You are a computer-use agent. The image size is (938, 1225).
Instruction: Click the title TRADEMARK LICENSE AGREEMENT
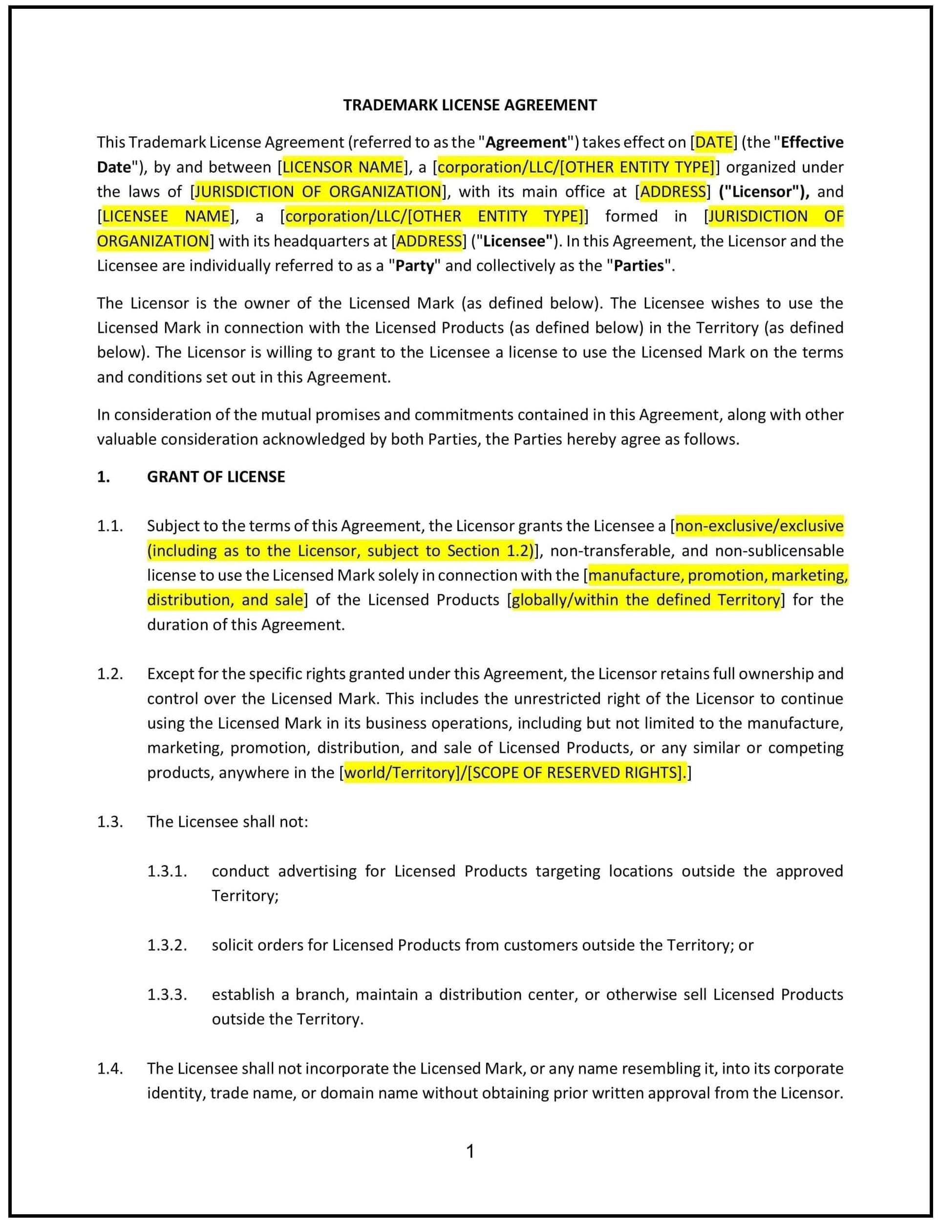click(469, 105)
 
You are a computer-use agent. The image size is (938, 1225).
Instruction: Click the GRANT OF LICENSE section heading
click(215, 476)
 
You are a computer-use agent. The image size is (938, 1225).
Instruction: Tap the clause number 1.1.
click(109, 526)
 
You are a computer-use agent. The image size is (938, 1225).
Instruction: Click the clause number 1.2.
click(109, 674)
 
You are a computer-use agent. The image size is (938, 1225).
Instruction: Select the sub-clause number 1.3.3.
click(167, 994)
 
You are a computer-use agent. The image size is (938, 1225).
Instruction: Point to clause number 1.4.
click(109, 1068)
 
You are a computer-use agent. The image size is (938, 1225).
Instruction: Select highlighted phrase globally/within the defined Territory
click(645, 600)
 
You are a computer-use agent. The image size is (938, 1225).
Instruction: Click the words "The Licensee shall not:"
click(227, 822)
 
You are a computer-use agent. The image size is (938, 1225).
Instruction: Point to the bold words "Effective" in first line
click(812, 142)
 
